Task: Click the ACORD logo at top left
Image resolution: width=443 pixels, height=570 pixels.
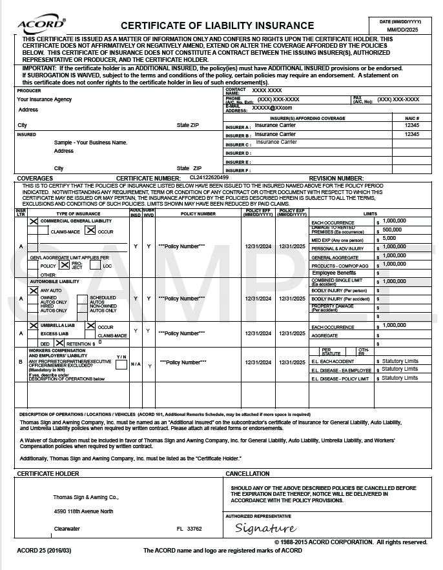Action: coord(41,25)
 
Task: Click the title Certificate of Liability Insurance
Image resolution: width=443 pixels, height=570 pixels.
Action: coord(218,26)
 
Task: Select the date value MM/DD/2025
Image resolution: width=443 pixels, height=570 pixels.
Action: coord(403,30)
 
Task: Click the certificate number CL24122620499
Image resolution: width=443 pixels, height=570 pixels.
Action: coord(209,177)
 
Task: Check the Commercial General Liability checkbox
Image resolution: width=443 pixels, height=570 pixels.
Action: coord(34,221)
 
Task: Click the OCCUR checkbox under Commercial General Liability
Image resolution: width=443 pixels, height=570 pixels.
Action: coord(90,231)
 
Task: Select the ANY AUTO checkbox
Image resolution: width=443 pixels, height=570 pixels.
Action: coord(34,291)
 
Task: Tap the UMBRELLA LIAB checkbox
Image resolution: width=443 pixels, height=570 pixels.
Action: coord(34,326)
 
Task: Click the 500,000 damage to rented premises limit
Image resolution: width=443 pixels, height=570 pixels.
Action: coord(392,230)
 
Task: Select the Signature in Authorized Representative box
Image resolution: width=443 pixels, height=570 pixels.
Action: coord(265,529)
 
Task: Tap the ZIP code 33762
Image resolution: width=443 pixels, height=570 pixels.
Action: coord(194,529)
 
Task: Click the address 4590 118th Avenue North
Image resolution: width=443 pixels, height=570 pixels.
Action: coord(83,511)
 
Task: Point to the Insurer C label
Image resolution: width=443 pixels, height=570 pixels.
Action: coord(238,145)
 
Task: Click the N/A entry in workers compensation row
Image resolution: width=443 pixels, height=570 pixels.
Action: coord(136,364)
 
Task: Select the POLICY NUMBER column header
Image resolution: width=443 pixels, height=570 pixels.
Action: coord(198,213)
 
